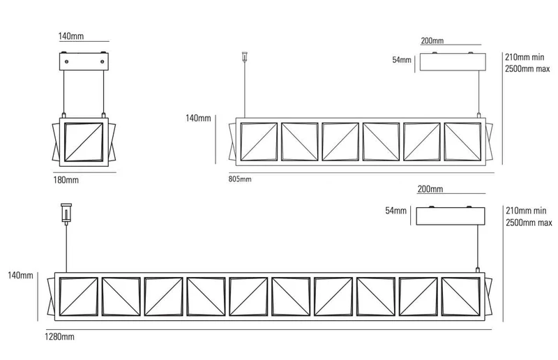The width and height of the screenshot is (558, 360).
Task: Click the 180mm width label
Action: pos(66,180)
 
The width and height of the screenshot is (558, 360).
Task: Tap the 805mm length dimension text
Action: pos(240,179)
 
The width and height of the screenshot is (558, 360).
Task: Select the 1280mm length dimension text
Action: pos(59,336)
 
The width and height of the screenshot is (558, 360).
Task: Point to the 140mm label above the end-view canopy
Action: pos(71,36)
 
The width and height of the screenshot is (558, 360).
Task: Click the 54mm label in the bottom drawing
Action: pos(395,211)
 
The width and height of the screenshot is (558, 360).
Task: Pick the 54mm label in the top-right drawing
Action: pos(402,60)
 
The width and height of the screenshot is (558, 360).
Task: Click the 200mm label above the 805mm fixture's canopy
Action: pos(432,40)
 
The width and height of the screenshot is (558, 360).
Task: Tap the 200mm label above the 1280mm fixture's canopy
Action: pos(430,189)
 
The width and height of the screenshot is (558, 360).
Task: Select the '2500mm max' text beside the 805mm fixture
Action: pos(527,68)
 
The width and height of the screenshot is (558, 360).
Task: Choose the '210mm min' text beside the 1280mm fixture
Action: pos(526,211)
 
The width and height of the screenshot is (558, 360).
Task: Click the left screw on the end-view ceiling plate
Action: pos(66,61)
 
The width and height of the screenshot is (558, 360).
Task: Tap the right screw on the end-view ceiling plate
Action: pos(102,61)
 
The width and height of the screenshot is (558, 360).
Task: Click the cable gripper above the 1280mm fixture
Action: pos(66,213)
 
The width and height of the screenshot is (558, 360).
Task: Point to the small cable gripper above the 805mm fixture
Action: pos(245,57)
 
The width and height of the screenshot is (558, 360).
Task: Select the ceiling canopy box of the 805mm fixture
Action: pos(453,62)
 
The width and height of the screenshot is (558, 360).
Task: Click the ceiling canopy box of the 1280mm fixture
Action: pos(451,216)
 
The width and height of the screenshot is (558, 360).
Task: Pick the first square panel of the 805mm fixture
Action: pos(259,142)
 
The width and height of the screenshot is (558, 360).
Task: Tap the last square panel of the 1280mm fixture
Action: pos(460,297)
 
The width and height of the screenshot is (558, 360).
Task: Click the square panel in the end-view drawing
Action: pos(84,142)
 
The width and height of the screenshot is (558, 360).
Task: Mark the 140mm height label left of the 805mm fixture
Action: pos(198,118)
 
